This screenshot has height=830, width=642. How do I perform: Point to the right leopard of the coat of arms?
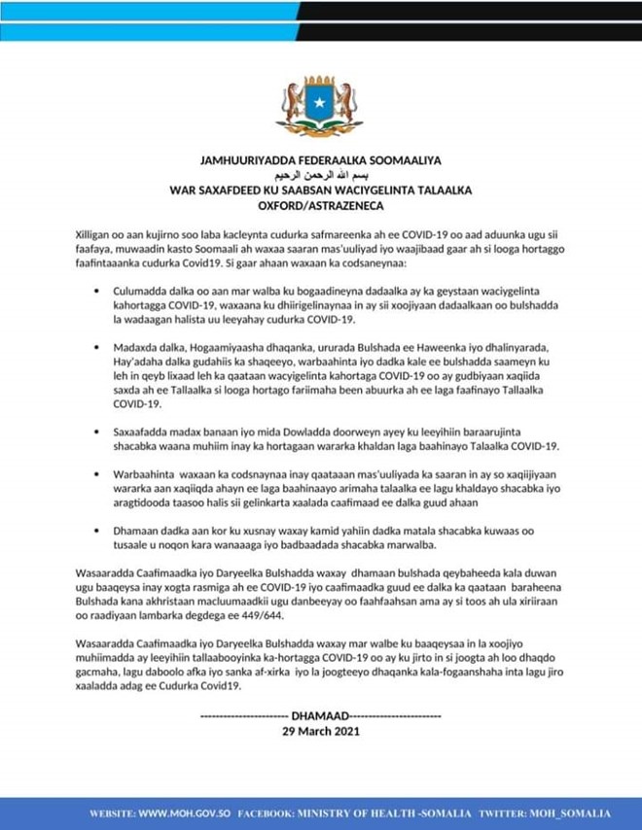click(x=347, y=101)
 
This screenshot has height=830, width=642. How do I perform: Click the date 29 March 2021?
click(x=320, y=731)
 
